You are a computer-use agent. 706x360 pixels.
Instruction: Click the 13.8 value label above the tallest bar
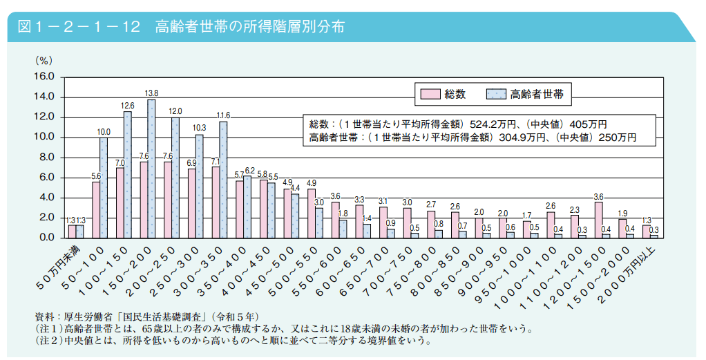click(151, 93)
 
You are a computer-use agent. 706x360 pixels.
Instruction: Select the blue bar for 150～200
click(151, 169)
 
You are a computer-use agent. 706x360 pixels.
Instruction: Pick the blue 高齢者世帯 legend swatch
click(496, 93)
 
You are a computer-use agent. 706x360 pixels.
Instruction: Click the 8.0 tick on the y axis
click(46, 158)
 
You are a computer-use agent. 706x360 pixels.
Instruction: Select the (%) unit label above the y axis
click(44, 61)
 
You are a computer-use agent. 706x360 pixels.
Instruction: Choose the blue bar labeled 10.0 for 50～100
click(104, 187)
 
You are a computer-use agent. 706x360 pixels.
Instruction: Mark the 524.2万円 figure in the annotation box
click(494, 124)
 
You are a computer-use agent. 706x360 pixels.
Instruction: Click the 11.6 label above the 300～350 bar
click(223, 115)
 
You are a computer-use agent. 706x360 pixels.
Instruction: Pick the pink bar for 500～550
click(312, 213)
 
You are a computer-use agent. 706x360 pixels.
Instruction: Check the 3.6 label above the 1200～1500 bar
click(598, 196)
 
